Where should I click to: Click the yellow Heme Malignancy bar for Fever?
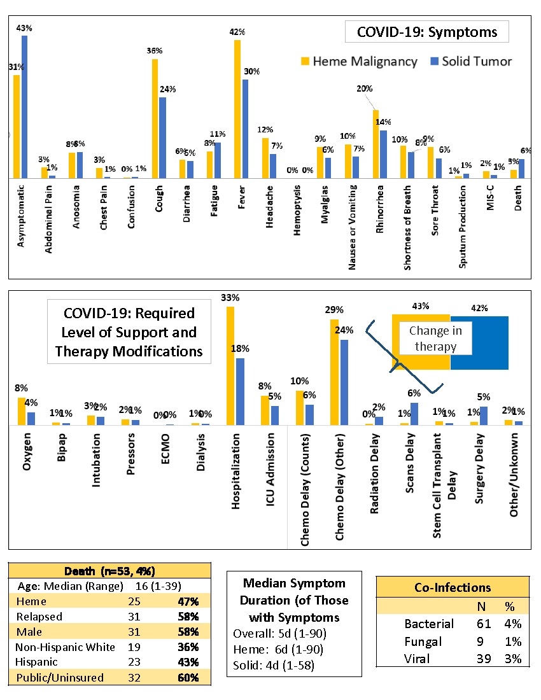tap(237, 109)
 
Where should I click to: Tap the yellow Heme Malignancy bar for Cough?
tap(155, 118)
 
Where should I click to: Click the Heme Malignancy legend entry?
tap(359, 61)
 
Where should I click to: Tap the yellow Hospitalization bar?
tap(230, 365)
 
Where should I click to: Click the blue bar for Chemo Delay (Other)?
tap(344, 382)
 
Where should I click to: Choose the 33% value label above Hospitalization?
tap(230, 298)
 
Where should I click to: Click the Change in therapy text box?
tap(436, 339)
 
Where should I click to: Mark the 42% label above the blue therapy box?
tap(479, 308)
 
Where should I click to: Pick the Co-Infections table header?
tap(453, 587)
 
